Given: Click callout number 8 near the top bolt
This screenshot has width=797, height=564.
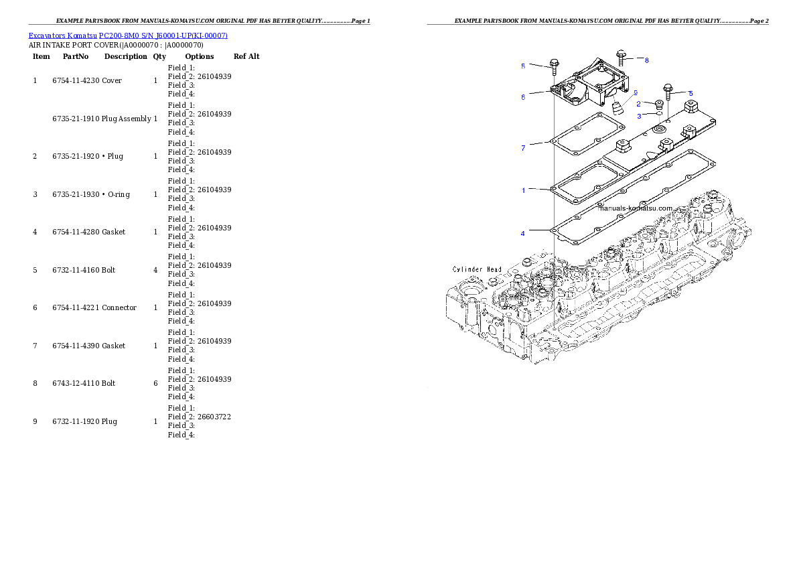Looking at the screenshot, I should pyautogui.click(x=647, y=60).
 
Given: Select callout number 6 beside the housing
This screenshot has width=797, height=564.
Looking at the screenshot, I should pyautogui.click(x=523, y=96).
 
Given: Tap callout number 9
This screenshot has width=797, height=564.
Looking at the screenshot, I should pyautogui.click(x=636, y=92).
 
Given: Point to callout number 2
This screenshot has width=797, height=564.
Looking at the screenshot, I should pyautogui.click(x=638, y=104).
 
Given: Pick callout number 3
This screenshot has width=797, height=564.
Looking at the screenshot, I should pyautogui.click(x=639, y=116).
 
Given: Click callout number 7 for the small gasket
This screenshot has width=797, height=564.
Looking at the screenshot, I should pyautogui.click(x=523, y=148).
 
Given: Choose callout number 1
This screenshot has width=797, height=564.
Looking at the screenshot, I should pyautogui.click(x=523, y=191).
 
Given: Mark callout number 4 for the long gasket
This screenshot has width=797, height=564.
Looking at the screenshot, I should pyautogui.click(x=523, y=234).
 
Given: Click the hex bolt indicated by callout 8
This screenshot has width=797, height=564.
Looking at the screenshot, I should pyautogui.click(x=621, y=58).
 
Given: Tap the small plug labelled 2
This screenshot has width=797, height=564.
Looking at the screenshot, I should pyautogui.click(x=658, y=104).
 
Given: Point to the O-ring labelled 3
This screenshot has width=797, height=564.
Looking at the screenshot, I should pyautogui.click(x=659, y=114).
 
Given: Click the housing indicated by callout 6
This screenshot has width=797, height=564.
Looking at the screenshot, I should pyautogui.click(x=589, y=90).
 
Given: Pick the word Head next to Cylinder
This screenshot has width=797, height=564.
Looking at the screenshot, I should pyautogui.click(x=494, y=269).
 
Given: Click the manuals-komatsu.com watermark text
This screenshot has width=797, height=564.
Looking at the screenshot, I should pyautogui.click(x=635, y=208).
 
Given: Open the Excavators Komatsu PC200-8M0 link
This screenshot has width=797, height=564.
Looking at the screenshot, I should pyautogui.click(x=128, y=36).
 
